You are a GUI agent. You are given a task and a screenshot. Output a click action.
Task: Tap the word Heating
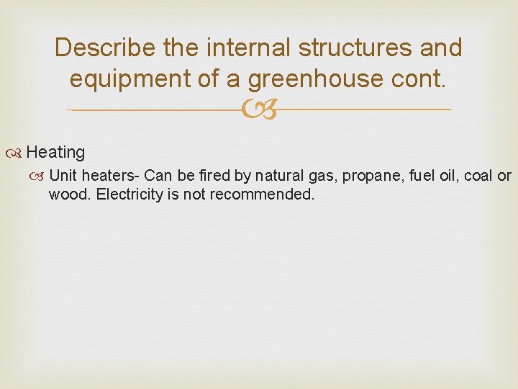point(55,153)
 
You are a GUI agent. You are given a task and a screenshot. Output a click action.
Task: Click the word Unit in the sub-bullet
point(63,176)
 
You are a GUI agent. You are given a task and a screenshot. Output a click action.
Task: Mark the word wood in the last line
point(65,194)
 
